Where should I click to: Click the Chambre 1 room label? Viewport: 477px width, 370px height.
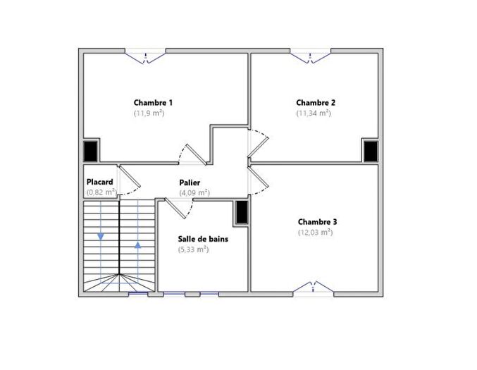click(153, 102)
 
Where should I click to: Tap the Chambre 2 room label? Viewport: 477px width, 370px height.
click(315, 102)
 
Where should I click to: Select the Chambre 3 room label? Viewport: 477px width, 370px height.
click(316, 221)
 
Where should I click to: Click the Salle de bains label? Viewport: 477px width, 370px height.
click(202, 238)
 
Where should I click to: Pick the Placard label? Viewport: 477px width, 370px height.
click(100, 181)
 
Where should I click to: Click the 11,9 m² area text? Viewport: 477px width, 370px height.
click(149, 113)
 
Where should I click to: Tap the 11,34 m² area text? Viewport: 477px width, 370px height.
click(314, 113)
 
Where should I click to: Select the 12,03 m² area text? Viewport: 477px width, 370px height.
click(315, 232)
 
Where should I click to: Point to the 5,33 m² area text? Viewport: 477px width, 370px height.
click(193, 249)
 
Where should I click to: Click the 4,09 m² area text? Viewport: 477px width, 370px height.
click(194, 192)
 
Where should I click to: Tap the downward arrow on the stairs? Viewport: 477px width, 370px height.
click(101, 236)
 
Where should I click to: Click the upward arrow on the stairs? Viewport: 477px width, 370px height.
click(137, 245)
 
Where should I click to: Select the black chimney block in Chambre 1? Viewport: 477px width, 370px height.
click(91, 151)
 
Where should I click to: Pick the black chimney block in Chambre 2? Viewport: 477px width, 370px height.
click(371, 151)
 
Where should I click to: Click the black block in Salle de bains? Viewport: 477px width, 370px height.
click(241, 212)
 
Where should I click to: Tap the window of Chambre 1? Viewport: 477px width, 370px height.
click(146, 54)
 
